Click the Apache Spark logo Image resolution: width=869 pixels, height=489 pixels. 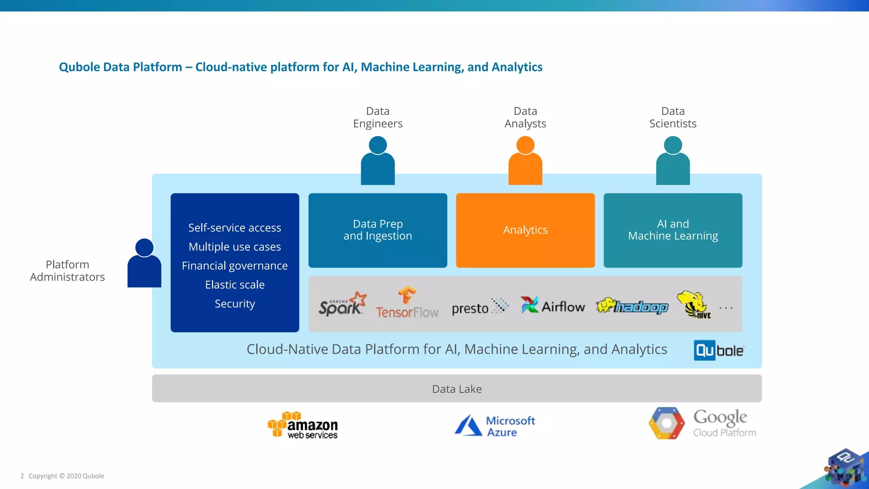coord(342,304)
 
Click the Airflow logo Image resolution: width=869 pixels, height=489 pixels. coord(552,306)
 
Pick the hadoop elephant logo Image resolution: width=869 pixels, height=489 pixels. coord(632,306)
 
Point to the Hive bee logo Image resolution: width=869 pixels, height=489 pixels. coord(693,304)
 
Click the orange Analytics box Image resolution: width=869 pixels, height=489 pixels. coord(525,230)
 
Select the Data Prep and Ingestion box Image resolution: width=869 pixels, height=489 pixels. coord(378,230)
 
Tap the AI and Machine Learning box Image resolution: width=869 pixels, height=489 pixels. coord(673,230)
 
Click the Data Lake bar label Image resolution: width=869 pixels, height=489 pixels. coord(457,389)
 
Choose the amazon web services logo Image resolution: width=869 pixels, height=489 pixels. coord(303,425)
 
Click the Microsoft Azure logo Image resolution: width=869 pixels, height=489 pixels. coord(495,426)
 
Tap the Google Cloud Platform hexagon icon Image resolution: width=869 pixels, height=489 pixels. coord(666,423)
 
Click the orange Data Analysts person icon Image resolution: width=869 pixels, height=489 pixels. coord(525,160)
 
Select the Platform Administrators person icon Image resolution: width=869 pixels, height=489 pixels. coord(144,263)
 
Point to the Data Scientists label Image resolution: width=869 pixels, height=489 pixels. coord(673,118)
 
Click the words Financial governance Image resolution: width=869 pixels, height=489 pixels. coord(235,266)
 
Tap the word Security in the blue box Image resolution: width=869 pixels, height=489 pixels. coord(235,304)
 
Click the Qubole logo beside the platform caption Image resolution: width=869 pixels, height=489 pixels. coord(718,351)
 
